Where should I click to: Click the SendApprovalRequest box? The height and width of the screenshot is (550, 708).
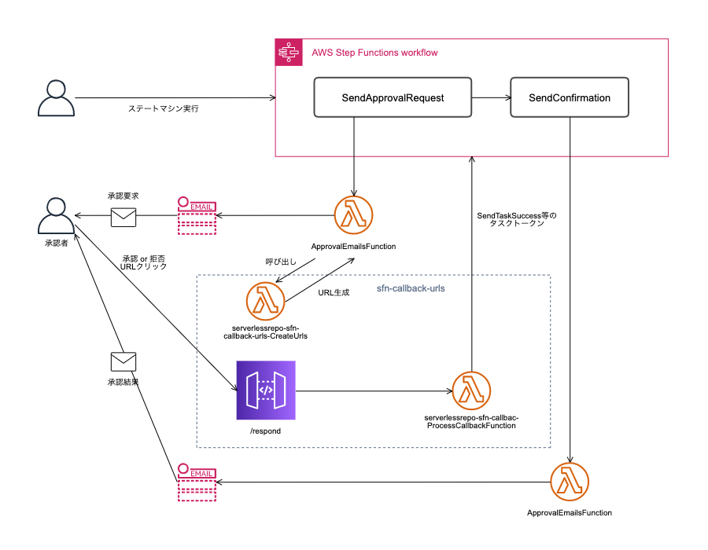click(393, 97)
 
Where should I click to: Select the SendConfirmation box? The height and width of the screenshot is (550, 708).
click(570, 97)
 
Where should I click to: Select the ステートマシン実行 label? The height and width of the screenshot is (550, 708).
click(164, 108)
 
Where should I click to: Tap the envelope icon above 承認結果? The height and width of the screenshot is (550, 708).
click(124, 361)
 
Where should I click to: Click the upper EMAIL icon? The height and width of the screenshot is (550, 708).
click(197, 215)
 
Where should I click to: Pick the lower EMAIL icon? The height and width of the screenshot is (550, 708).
click(197, 482)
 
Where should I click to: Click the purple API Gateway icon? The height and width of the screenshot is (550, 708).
click(266, 390)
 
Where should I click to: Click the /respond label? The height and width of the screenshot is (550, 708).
click(265, 431)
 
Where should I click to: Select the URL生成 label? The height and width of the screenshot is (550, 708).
click(334, 292)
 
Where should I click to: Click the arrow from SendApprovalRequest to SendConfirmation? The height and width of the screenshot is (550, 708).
click(490, 97)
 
